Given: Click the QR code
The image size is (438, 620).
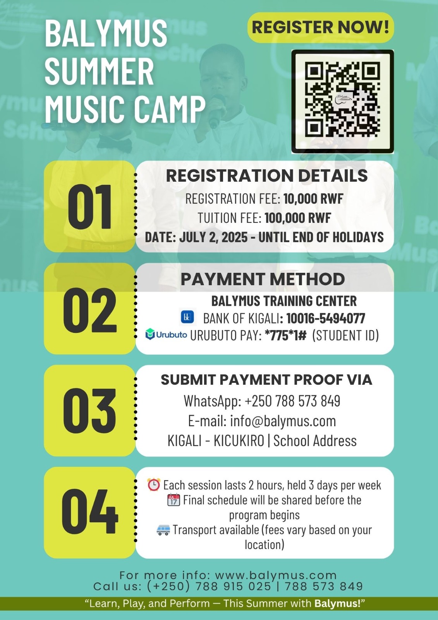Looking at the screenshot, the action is pyautogui.click(x=343, y=102).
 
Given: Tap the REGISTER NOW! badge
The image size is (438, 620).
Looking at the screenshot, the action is pyautogui.click(x=320, y=28).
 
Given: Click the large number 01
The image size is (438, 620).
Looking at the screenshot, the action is pyautogui.click(x=89, y=207).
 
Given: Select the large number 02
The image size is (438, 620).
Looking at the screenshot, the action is pyautogui.click(x=89, y=310).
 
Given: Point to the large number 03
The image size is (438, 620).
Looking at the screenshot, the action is pyautogui.click(x=89, y=411).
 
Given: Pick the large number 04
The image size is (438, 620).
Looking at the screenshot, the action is pyautogui.click(x=89, y=511).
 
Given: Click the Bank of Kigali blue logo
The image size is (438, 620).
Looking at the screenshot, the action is pyautogui.click(x=187, y=317).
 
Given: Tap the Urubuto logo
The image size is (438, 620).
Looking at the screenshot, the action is pyautogui.click(x=166, y=334).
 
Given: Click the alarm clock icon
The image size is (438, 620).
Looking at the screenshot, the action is pyautogui.click(x=154, y=485).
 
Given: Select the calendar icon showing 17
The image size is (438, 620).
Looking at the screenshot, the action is pyautogui.click(x=174, y=500).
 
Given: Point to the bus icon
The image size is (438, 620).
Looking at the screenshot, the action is pyautogui.click(x=163, y=530).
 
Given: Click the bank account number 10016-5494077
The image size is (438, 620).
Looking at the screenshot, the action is pyautogui.click(x=326, y=318).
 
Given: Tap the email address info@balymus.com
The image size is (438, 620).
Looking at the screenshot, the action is pyautogui.click(x=283, y=421).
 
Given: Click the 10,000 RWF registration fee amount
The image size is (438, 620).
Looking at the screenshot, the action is pyautogui.click(x=313, y=199).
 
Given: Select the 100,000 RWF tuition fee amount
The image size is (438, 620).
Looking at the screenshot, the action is pyautogui.click(x=298, y=218).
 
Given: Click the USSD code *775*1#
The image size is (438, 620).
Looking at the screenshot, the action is pyautogui.click(x=285, y=335).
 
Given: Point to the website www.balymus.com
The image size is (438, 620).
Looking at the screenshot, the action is pyautogui.click(x=276, y=575).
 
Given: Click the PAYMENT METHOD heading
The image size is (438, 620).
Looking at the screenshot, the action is pyautogui.click(x=263, y=279).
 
